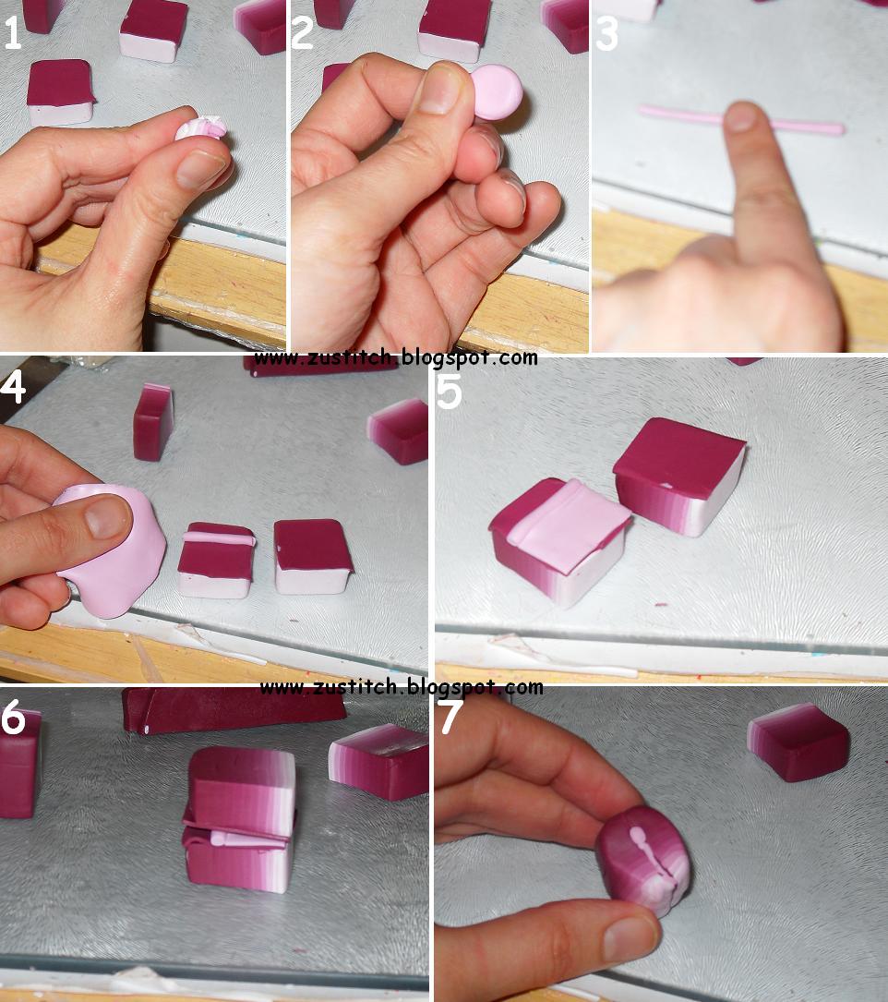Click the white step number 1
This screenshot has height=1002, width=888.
pyautogui.click(x=12, y=33)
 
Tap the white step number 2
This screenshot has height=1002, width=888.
pyautogui.click(x=302, y=33)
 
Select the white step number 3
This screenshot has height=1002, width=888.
pyautogui.click(x=606, y=34)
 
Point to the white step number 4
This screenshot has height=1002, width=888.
pyautogui.click(x=13, y=387)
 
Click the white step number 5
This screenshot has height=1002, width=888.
pyautogui.click(x=450, y=392)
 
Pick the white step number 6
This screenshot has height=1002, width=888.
pyautogui.click(x=13, y=717)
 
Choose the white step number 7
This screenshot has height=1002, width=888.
pyautogui.click(x=451, y=717)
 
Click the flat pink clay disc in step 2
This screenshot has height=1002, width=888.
pyautogui.click(x=497, y=92)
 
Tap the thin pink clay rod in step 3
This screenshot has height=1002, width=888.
pyautogui.click(x=742, y=121)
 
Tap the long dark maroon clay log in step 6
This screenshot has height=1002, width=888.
pyautogui.click(x=234, y=709)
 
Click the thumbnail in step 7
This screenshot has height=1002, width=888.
pyautogui.click(x=630, y=937)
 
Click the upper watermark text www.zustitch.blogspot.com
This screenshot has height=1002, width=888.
pyautogui.click(x=395, y=358)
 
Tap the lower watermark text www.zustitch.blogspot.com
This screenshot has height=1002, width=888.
pyautogui.click(x=402, y=688)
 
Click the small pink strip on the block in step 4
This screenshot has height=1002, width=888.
pyautogui.click(x=220, y=538)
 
